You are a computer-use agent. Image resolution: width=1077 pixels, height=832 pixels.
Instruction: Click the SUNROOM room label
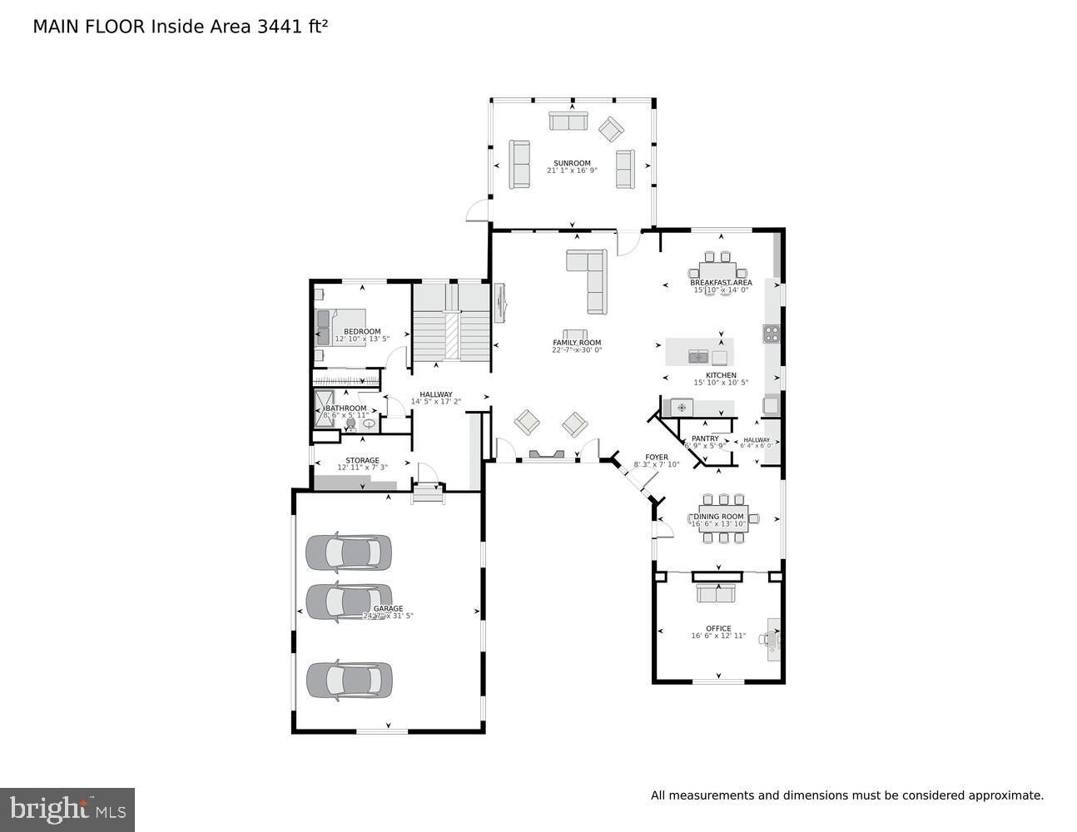[x=572, y=163]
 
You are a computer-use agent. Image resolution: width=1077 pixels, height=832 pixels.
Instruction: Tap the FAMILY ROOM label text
[x=577, y=343]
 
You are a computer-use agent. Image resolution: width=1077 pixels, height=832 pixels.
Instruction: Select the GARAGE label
[x=388, y=609]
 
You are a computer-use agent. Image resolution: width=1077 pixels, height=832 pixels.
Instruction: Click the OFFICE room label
[x=718, y=629]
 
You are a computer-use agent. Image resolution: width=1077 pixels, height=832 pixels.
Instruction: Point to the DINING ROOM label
[x=719, y=517]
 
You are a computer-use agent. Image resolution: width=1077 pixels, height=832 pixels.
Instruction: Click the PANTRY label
[x=705, y=438]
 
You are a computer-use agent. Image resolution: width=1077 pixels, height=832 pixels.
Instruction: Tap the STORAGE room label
[x=362, y=460]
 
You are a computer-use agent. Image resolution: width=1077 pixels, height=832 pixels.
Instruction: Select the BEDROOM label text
[x=362, y=332]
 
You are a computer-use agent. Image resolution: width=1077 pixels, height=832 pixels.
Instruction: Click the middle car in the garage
[x=348, y=601]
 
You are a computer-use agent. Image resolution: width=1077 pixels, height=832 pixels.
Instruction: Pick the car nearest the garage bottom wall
[x=348, y=679]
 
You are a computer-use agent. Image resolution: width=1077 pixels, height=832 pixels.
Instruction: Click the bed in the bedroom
[x=340, y=327]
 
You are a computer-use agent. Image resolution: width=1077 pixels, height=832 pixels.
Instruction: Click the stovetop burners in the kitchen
[x=771, y=334]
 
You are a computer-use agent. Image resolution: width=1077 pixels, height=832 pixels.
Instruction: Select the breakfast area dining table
[x=717, y=271]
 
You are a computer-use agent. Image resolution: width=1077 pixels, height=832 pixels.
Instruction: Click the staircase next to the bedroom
[x=450, y=324]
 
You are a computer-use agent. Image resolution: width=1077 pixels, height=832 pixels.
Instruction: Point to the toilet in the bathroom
[x=351, y=424]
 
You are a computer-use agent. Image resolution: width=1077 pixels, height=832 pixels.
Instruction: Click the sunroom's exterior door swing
[x=476, y=211]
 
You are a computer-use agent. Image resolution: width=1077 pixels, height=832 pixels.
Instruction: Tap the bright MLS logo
[x=67, y=809]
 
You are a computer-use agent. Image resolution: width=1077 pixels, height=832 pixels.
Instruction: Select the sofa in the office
[x=716, y=592]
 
